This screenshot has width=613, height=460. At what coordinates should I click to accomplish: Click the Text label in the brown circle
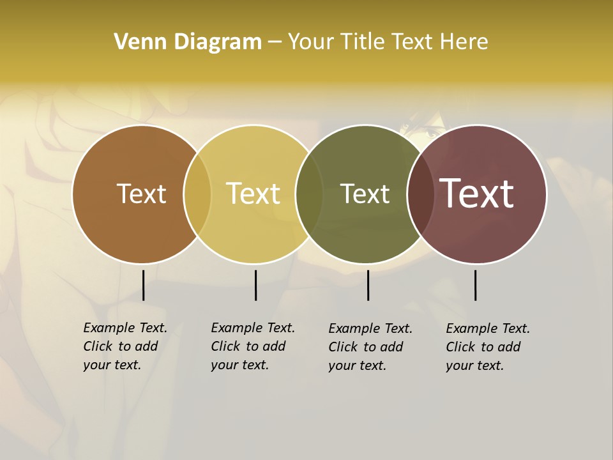pos(141,194)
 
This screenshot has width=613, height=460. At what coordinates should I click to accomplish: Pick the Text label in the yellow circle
pos(254,194)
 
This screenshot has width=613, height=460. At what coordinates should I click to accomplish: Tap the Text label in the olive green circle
pos(365,194)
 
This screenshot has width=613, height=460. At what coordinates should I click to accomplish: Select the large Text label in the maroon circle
pos(477,194)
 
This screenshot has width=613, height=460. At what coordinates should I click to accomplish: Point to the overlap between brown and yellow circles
pos(197,194)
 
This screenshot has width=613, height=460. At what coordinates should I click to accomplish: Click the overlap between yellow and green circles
pos(309,194)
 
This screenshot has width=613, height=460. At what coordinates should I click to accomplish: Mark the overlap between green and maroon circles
pos(421,194)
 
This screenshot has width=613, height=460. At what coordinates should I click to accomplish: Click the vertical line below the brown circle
pos(143,285)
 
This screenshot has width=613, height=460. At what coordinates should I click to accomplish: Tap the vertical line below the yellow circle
pos(255,285)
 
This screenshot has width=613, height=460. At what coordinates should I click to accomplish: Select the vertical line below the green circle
pos(368,285)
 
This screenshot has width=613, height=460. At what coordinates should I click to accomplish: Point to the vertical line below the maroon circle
pos(475,285)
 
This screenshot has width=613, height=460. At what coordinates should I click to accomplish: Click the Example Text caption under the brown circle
pos(125,346)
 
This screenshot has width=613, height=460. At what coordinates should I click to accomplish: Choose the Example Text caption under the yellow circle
pos(252,346)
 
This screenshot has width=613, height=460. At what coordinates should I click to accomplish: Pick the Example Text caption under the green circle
pos(370,347)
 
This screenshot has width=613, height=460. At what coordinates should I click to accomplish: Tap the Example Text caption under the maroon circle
pos(487,347)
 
